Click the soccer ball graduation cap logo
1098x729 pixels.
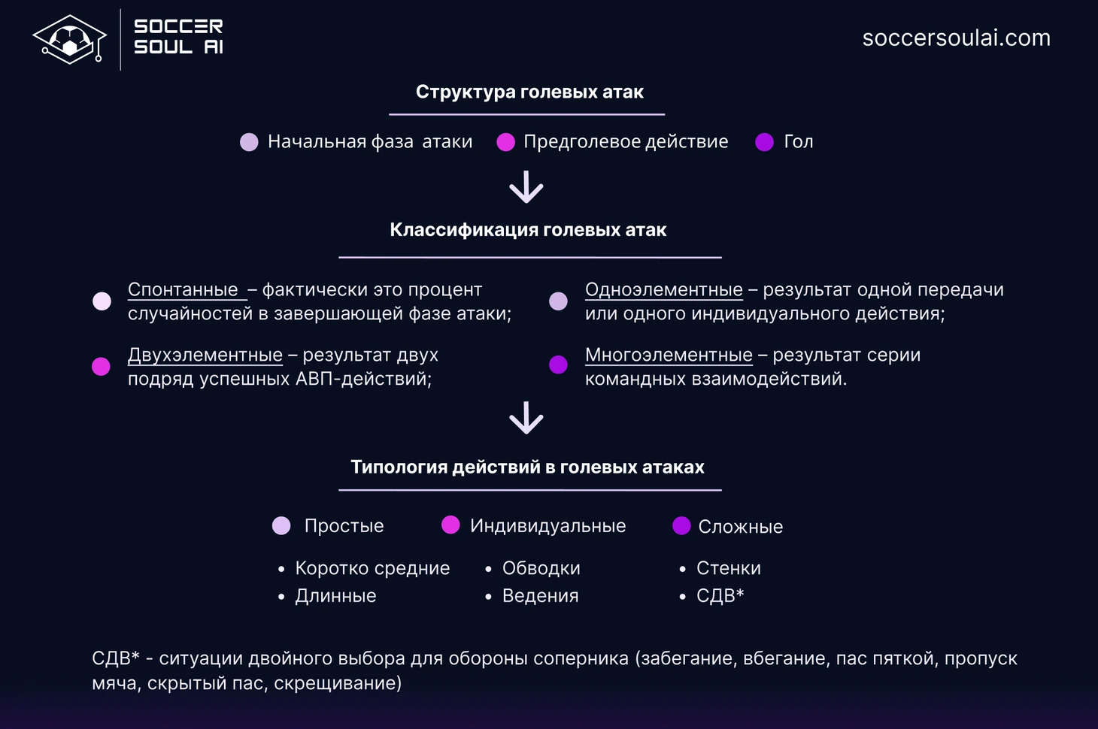pos(70,40)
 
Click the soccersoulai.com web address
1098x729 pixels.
pos(957,38)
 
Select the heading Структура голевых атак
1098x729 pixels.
pos(529,92)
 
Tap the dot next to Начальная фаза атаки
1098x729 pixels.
pos(249,142)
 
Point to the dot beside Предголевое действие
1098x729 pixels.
pos(506,142)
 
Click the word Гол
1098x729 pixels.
pos(799,141)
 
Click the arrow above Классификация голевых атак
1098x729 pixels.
pos(526,186)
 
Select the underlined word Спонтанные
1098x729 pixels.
pos(183,289)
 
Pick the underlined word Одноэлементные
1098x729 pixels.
pos(664,289)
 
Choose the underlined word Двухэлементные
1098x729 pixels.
pos(205,355)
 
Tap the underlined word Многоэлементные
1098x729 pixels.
pos(669,355)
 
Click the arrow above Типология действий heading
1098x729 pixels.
pos(526,418)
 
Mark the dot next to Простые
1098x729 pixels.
pos(281,525)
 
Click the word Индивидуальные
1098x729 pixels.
pos(548,526)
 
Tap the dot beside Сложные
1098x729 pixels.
pos(681,525)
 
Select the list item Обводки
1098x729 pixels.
pos(541,568)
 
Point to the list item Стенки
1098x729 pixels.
pos(729,568)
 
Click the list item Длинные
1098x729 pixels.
pos(335,596)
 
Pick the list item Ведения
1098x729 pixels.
pos(540,596)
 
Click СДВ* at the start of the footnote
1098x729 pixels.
pos(116,658)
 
